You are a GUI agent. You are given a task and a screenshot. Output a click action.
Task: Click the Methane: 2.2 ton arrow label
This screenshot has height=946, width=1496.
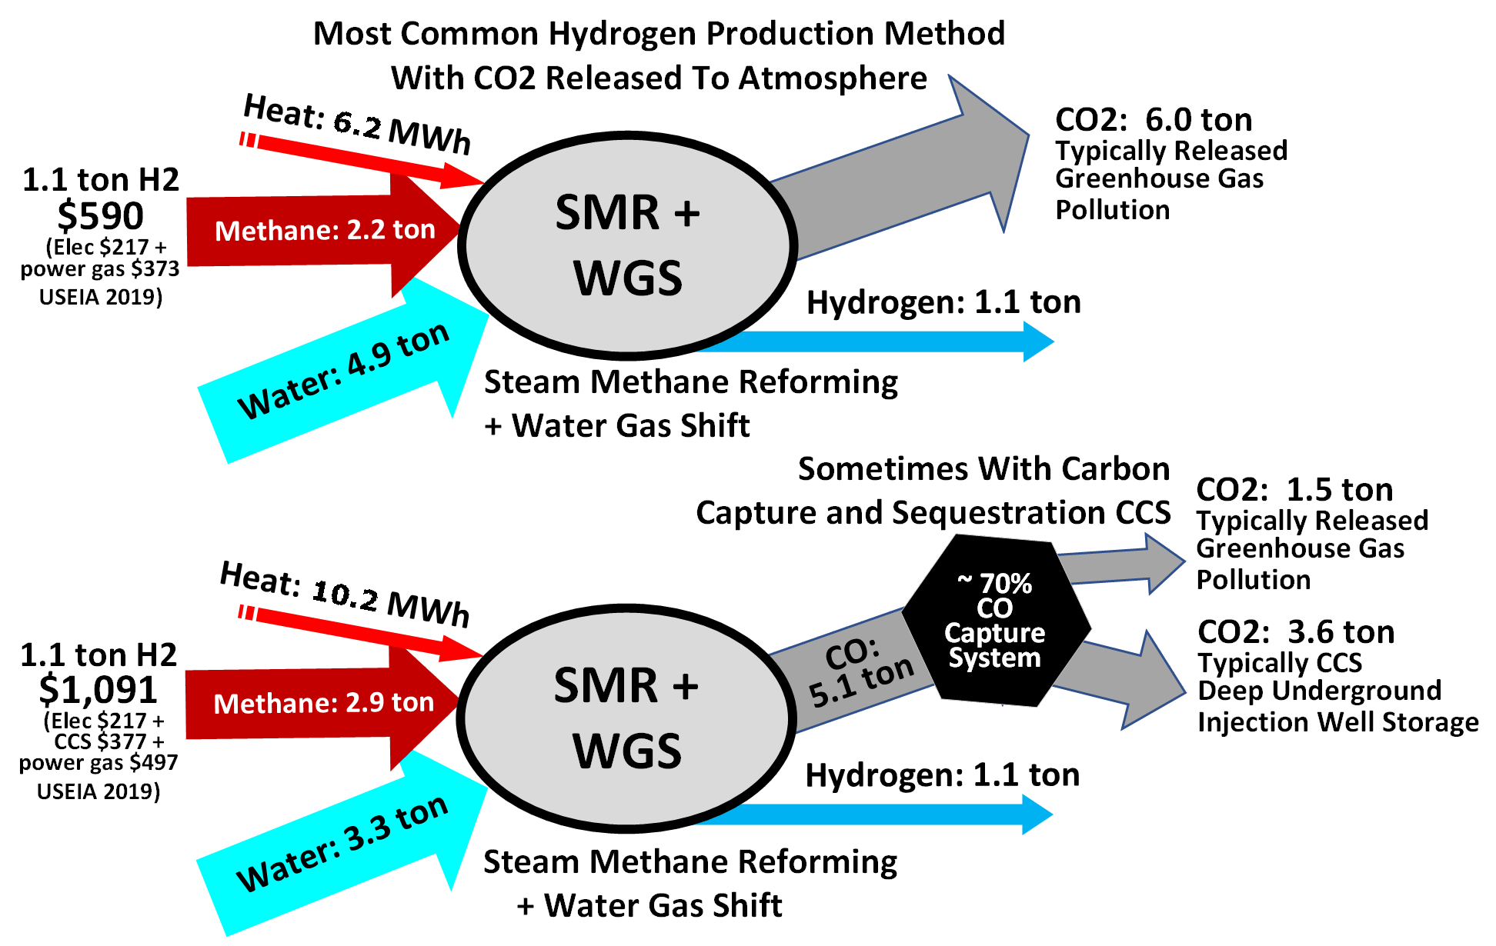tap(325, 230)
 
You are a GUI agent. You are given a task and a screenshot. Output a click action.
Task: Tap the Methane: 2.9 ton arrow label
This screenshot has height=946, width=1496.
tap(323, 703)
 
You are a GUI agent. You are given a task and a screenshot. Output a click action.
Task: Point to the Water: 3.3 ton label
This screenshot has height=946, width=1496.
tap(342, 843)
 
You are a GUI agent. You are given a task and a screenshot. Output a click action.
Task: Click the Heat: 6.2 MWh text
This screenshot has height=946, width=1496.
tap(357, 123)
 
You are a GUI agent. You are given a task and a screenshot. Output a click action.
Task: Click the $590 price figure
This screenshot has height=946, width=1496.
tap(100, 216)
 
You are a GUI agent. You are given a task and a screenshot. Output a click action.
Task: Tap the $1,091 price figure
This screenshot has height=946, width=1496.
tap(98, 689)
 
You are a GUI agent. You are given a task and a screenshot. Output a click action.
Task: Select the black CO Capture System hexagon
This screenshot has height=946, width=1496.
tap(995, 621)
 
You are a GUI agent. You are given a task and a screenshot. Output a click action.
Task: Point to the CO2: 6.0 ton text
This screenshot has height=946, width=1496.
tap(1154, 120)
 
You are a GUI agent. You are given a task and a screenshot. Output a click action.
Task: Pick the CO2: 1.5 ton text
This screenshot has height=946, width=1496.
tap(1294, 490)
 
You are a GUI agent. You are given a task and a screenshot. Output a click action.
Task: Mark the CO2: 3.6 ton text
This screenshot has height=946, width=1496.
tap(1296, 632)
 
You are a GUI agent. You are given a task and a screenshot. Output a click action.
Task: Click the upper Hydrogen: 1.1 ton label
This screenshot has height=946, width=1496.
tap(943, 302)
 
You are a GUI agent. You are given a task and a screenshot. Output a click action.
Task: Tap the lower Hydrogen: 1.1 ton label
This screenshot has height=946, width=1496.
tap(942, 775)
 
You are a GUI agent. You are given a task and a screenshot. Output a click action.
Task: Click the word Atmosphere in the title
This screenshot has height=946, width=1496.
tap(833, 78)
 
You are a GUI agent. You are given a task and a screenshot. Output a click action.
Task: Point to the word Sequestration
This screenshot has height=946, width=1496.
tap(998, 513)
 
